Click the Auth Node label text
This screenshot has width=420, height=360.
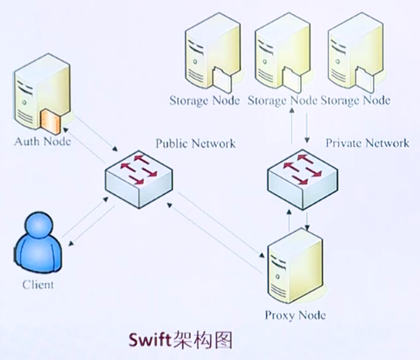point(43,142)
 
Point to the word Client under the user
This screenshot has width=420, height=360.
point(38,285)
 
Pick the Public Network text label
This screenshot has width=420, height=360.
point(195,143)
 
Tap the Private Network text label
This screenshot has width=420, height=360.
point(367,143)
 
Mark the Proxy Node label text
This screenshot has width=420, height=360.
point(295,315)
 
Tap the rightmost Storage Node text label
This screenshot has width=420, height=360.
point(356,100)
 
